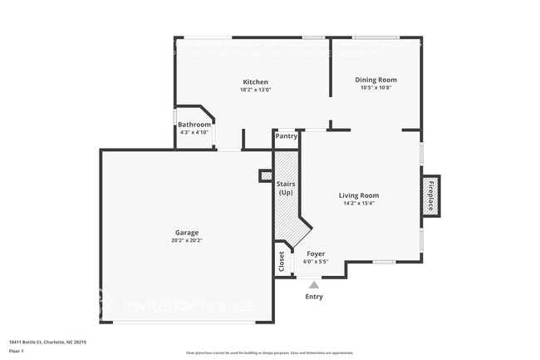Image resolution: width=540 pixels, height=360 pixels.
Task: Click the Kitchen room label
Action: click(x=255, y=81)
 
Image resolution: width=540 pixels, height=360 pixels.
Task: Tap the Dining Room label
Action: click(x=376, y=80)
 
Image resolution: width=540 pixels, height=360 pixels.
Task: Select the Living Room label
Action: click(x=359, y=195)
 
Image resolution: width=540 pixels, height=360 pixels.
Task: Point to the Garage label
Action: click(x=186, y=233)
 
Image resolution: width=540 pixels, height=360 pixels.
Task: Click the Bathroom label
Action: click(x=195, y=125)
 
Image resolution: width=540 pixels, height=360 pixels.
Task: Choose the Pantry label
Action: click(x=286, y=136)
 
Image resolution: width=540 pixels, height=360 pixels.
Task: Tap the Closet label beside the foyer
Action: click(x=282, y=260)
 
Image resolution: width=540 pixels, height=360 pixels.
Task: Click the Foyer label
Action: click(x=316, y=254)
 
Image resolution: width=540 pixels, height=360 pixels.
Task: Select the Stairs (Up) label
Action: click(x=286, y=188)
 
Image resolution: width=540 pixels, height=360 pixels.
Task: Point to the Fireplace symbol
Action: click(x=430, y=196)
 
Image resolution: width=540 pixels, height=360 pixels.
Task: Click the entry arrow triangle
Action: click(x=314, y=284)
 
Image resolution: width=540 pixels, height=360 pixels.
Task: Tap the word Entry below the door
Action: click(x=314, y=297)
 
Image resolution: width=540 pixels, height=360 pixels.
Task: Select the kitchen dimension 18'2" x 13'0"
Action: click(x=255, y=90)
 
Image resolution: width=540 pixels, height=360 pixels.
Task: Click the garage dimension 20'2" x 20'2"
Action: click(x=186, y=241)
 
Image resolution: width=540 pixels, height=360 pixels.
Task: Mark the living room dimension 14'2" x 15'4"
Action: click(x=359, y=204)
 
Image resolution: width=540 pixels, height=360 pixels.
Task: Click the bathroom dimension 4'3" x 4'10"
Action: click(x=194, y=132)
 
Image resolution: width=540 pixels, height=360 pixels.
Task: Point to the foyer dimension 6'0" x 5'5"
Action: click(x=316, y=262)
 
